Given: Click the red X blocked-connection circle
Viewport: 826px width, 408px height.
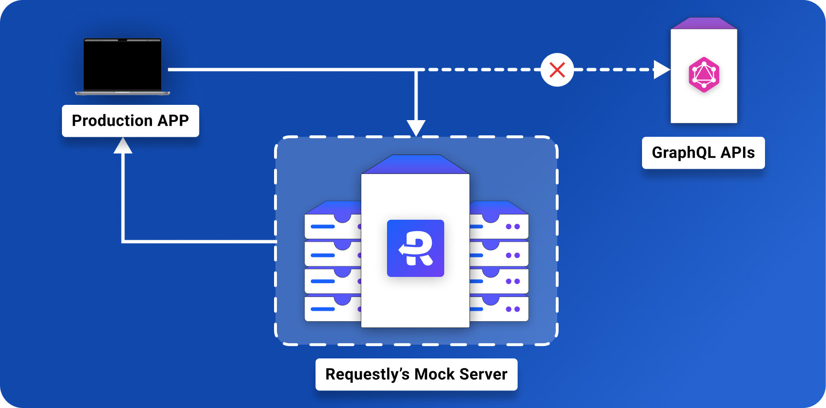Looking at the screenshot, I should (x=557, y=70).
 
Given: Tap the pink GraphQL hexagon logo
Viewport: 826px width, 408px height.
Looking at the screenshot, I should (x=704, y=74).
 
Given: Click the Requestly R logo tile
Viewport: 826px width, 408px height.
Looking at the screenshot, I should (x=416, y=248).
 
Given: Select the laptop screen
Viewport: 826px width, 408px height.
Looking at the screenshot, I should (x=122, y=65).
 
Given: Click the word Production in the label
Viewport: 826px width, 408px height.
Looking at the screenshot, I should (x=112, y=121).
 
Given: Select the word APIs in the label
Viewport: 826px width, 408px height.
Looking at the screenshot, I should (x=737, y=153).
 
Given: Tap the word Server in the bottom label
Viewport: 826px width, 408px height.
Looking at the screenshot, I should (x=483, y=374).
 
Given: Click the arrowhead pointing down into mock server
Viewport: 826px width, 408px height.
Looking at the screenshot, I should (x=416, y=128).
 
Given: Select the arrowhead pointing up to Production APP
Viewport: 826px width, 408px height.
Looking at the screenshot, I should (x=123, y=146).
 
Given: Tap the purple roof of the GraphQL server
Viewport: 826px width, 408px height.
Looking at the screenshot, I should (x=704, y=23).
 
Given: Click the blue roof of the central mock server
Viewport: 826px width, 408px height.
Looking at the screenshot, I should (x=415, y=164).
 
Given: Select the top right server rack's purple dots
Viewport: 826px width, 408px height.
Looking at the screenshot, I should (x=513, y=226).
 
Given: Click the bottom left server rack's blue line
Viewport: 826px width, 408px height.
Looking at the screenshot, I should (x=323, y=309).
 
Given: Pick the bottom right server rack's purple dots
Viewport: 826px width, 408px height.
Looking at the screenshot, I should (x=513, y=309).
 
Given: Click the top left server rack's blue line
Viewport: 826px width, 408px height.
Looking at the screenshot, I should (x=323, y=226).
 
